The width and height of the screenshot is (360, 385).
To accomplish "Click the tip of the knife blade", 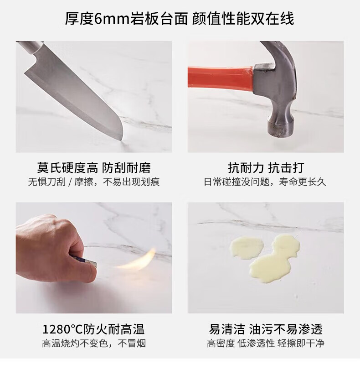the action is pos(122,140).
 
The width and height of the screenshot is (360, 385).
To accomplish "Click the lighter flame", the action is pos(137,261).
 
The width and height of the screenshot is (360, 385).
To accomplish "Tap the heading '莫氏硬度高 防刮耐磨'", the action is pos(94,168).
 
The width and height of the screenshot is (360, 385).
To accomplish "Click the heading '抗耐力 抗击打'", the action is pos(266,168).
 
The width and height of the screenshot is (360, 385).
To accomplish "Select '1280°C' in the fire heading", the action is pos(63,329).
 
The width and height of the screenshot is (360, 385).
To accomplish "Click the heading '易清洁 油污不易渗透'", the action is pos(266,329).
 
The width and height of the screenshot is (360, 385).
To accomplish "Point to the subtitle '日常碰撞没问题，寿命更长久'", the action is pos(265,182).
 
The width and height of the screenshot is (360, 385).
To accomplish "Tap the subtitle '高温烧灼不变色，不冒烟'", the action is pos(94,343).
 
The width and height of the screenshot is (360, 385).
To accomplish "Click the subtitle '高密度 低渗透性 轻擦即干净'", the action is pos(266,343).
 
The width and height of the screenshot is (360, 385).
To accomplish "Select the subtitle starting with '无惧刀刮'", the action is pos(94,182).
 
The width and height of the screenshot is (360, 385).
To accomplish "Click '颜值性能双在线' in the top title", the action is pos(243,19).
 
